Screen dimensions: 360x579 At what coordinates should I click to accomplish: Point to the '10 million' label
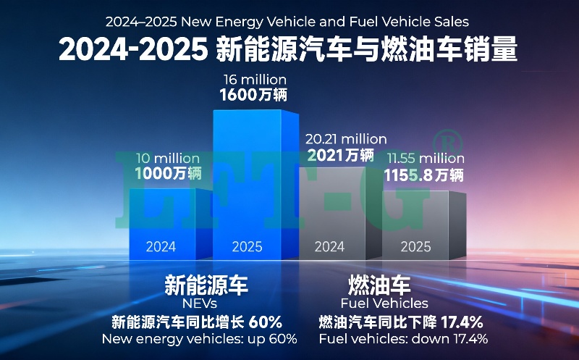[x=168, y=158]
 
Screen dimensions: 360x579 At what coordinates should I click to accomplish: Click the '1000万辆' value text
[x=168, y=174]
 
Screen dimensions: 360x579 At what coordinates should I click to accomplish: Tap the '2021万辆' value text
[x=340, y=155]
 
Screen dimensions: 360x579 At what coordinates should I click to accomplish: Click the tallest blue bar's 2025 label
[x=247, y=247]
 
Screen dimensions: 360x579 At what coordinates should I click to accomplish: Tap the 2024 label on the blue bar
[x=161, y=247]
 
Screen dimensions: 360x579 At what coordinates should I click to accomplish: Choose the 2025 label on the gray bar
[x=416, y=247]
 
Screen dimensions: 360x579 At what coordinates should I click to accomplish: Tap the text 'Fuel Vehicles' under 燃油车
[x=384, y=304]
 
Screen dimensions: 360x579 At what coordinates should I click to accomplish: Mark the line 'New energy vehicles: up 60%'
[x=200, y=339]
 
